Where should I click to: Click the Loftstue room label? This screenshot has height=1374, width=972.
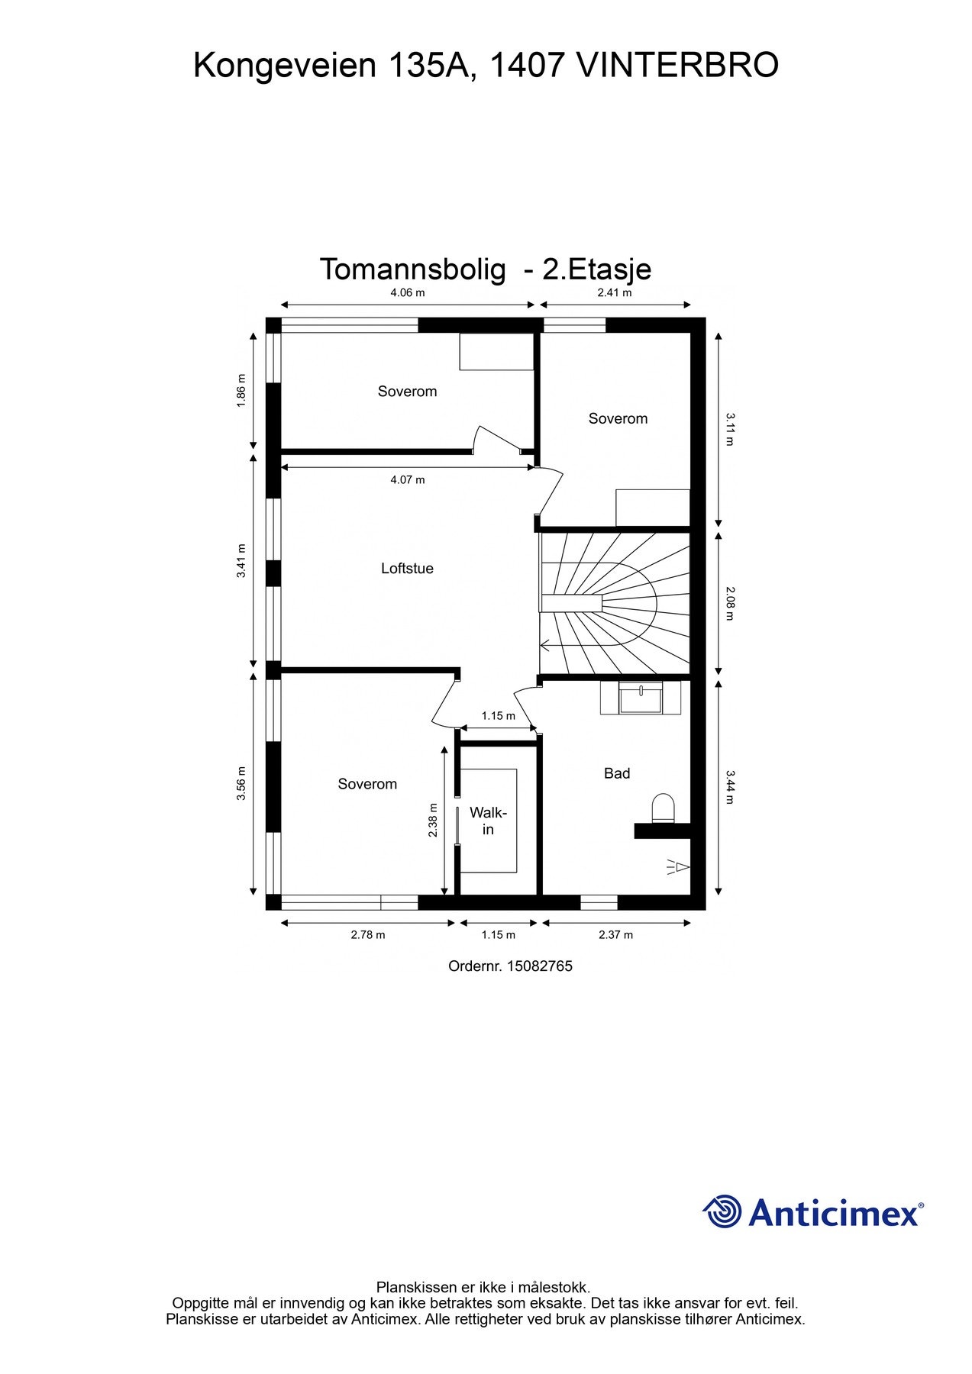[407, 568]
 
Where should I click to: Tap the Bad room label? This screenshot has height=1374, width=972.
[617, 773]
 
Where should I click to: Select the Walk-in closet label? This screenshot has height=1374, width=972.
[488, 821]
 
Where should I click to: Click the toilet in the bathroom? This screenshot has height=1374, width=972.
[663, 809]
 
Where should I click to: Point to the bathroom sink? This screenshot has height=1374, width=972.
[641, 698]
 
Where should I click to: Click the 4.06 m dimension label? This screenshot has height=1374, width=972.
[408, 292]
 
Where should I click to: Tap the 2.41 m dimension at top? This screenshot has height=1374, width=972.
[615, 292]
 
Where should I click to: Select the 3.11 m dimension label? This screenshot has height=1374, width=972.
[730, 429]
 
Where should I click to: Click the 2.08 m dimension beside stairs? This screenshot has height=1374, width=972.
[730, 603]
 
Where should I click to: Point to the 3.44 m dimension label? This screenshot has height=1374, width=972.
[730, 787]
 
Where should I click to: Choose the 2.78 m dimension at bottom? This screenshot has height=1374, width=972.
[368, 934]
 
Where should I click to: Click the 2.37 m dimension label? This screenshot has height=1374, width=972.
[615, 934]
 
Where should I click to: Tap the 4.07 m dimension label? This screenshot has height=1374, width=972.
[408, 479]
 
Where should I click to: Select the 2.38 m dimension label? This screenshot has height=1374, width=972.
[433, 821]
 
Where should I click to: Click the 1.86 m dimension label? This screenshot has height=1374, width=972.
[241, 390]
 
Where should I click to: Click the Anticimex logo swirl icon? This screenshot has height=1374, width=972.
[722, 1211]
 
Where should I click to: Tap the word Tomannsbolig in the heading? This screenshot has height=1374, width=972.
[413, 269]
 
